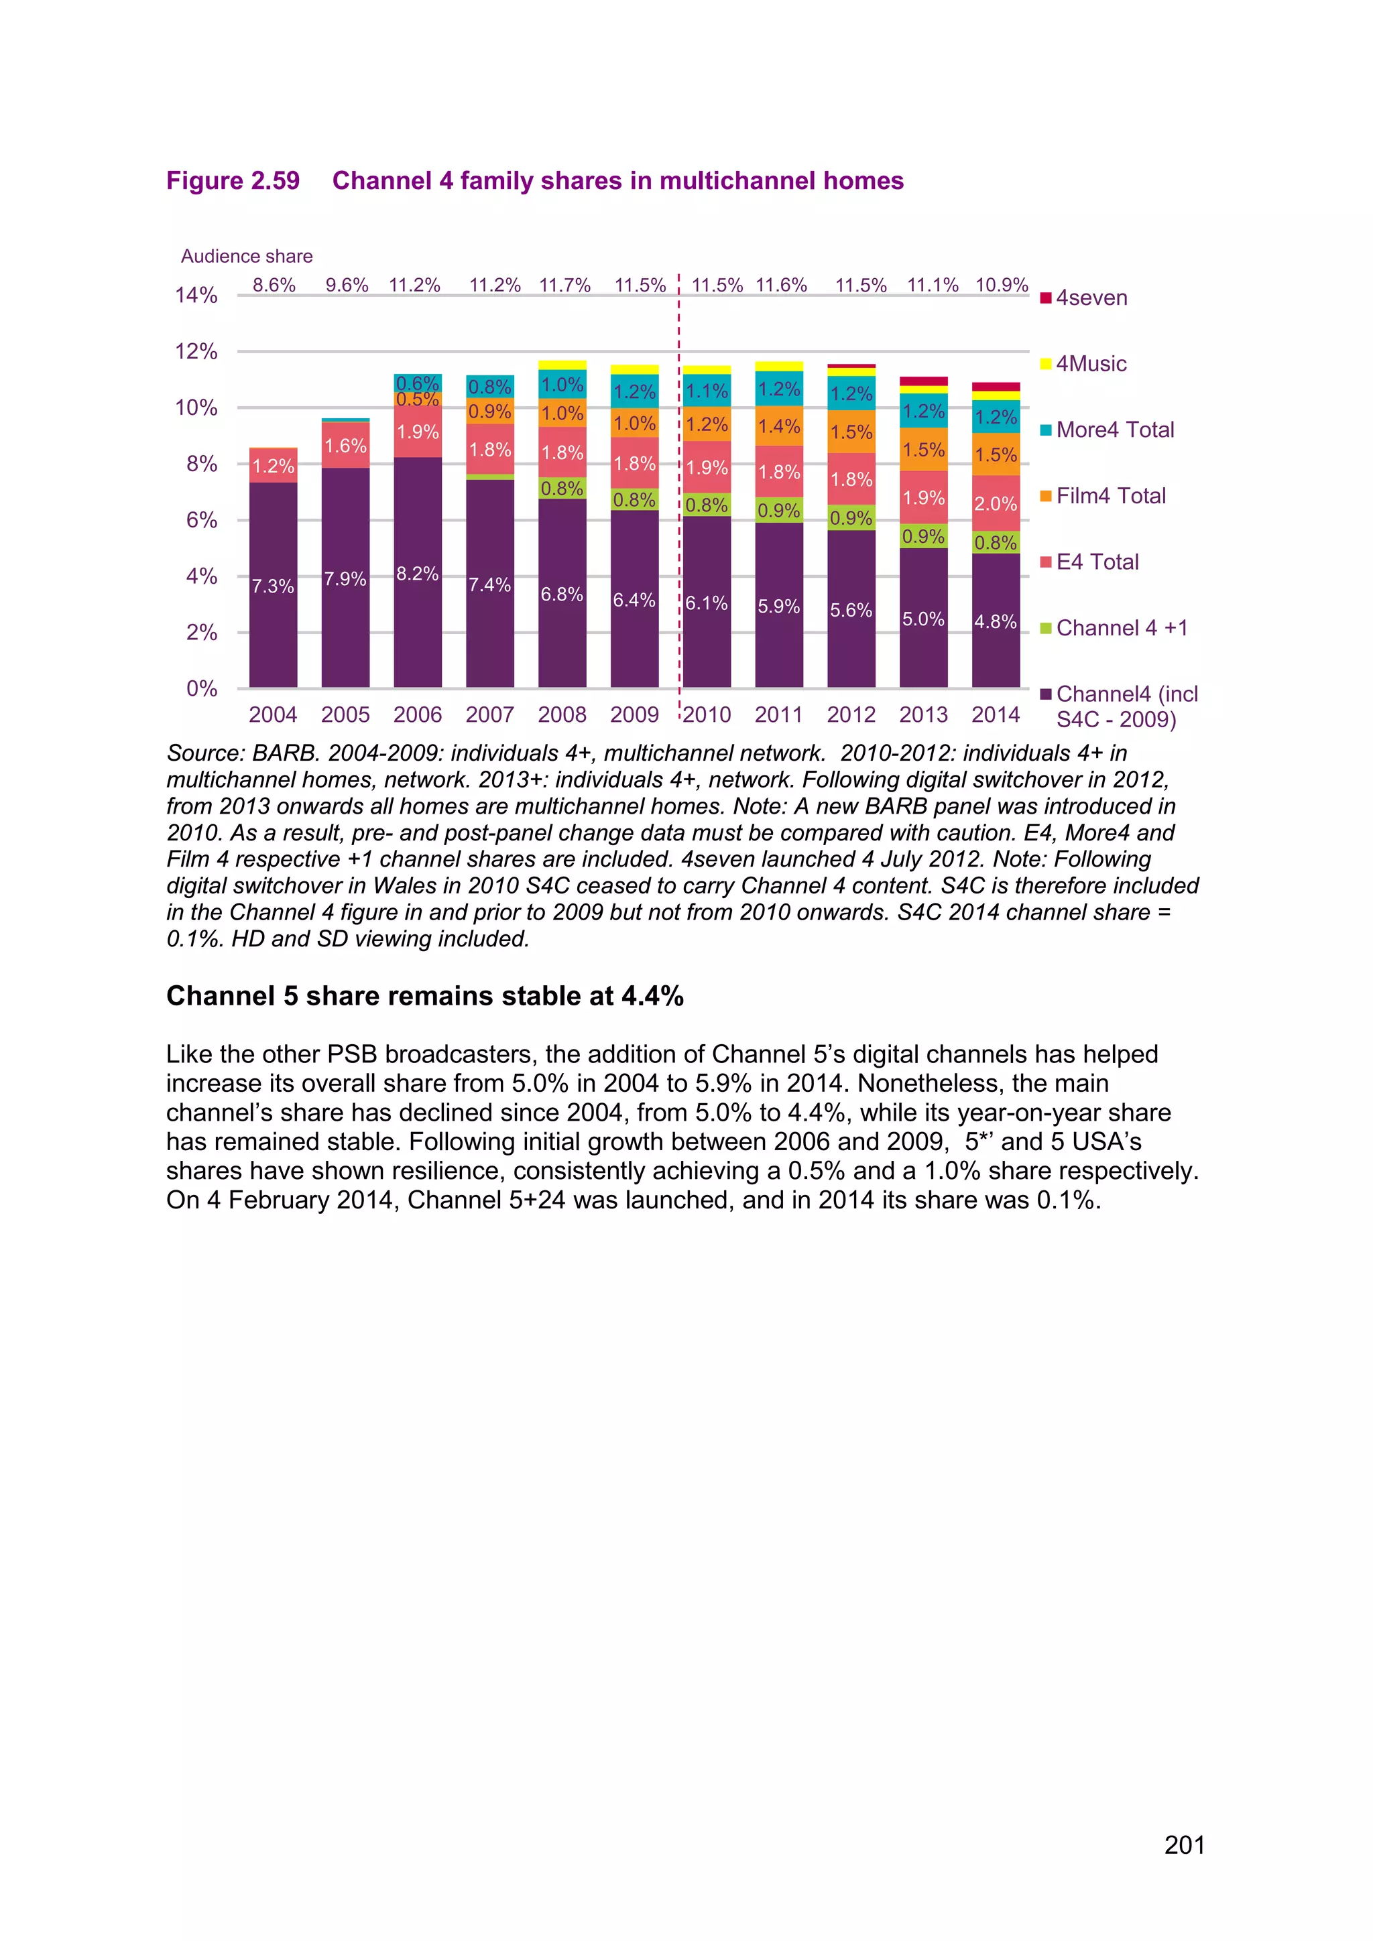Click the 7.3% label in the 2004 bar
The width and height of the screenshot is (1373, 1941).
click(272, 586)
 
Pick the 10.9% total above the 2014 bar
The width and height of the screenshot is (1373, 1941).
click(1001, 285)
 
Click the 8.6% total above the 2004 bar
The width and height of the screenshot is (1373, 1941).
click(274, 285)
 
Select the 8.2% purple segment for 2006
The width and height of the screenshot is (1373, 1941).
click(418, 574)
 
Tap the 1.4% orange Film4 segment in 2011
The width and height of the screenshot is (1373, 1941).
click(778, 426)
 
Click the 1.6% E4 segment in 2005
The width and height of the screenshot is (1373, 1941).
click(345, 446)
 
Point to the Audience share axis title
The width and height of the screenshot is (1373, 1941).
click(246, 256)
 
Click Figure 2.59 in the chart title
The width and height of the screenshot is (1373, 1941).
click(233, 181)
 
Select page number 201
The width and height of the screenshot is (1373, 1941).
click(1184, 1844)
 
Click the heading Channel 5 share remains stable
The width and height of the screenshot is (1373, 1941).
click(424, 996)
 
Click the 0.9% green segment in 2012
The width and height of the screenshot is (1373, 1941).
click(851, 518)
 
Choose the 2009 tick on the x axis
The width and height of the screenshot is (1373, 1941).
click(634, 714)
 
